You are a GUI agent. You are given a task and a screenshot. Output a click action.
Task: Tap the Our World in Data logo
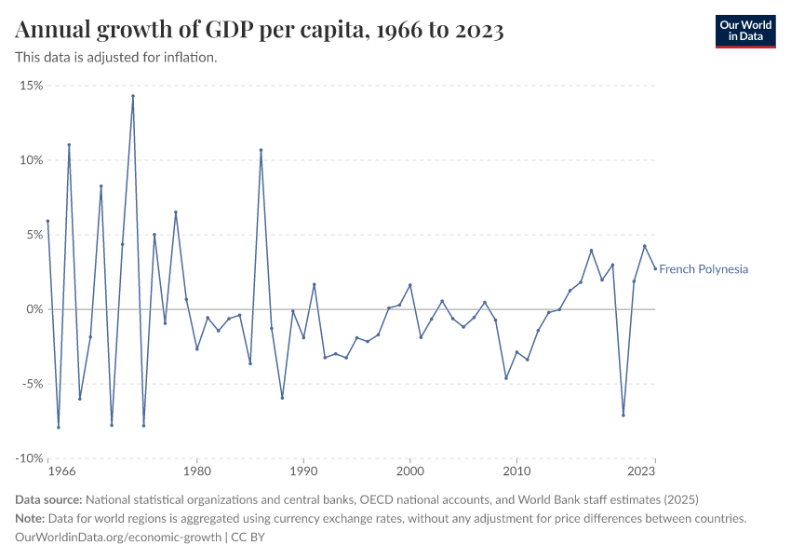point(745,31)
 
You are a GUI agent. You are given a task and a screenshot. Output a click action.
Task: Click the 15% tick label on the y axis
point(32,86)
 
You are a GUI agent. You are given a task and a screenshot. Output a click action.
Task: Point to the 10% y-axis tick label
point(32,160)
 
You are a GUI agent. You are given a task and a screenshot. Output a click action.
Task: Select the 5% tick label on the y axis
point(34,235)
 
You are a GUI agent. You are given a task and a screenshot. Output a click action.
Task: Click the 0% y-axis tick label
point(34,309)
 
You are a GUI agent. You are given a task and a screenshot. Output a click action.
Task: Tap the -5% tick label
point(33,384)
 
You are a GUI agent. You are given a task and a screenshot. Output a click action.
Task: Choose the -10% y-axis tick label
point(30,458)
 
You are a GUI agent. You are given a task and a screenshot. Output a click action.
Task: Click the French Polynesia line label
point(704,269)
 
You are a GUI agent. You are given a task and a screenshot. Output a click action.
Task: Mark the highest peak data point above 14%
point(133,96)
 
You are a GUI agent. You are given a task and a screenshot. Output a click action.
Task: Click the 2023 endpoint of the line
point(655,268)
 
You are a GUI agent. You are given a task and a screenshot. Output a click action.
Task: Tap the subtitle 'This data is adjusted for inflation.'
point(116,58)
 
